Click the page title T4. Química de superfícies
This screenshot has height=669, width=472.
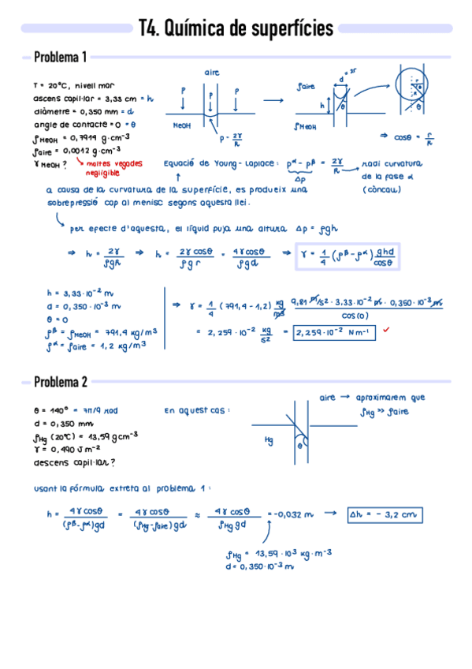pos(236,29)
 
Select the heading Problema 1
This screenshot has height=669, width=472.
pos(60,58)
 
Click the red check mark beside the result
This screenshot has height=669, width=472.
pos(386,331)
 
